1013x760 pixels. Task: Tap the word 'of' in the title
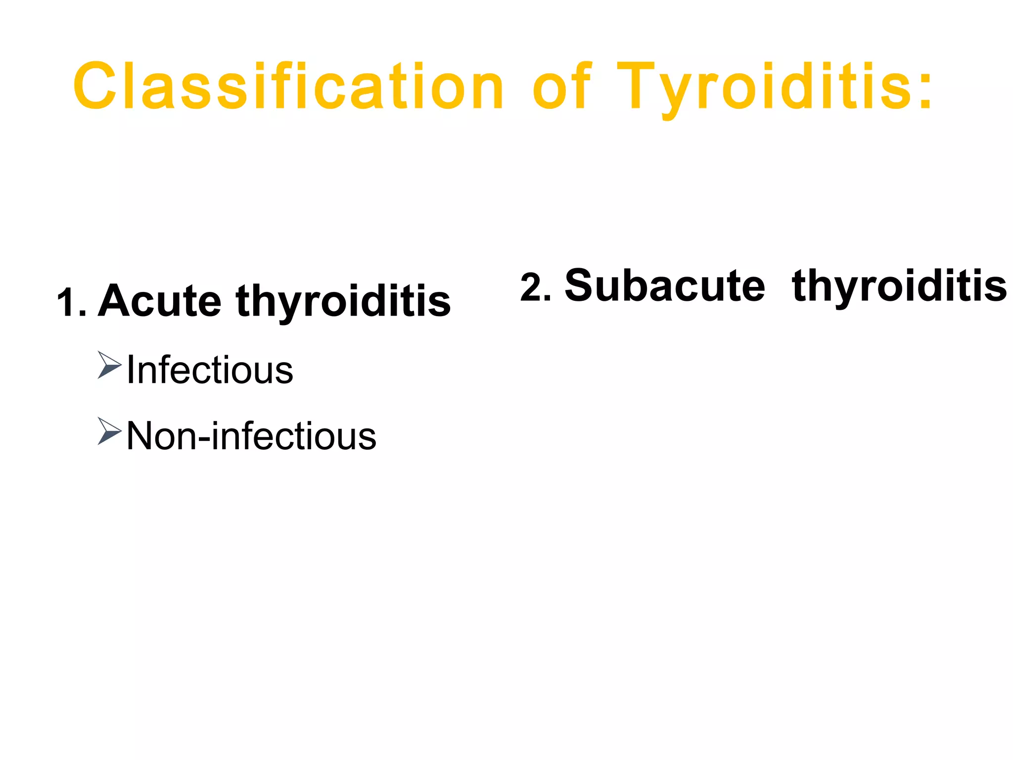click(561, 87)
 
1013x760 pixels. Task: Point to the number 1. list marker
click(71, 303)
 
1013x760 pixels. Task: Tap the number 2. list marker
click(535, 287)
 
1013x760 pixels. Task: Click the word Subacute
click(665, 285)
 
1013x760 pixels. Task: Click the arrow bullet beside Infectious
click(109, 365)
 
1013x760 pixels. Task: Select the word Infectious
click(210, 370)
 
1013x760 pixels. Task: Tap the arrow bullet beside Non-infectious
click(109, 431)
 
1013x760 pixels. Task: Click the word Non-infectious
click(251, 436)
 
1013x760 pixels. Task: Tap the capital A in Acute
click(116, 301)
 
